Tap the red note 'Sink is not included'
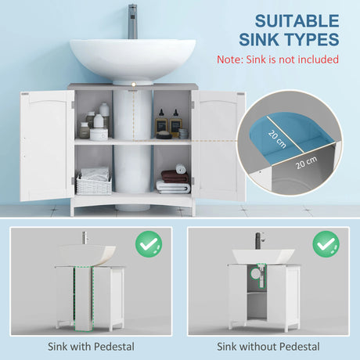[x=277, y=59]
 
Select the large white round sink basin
[x=132, y=57]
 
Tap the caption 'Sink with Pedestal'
[x=90, y=345]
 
